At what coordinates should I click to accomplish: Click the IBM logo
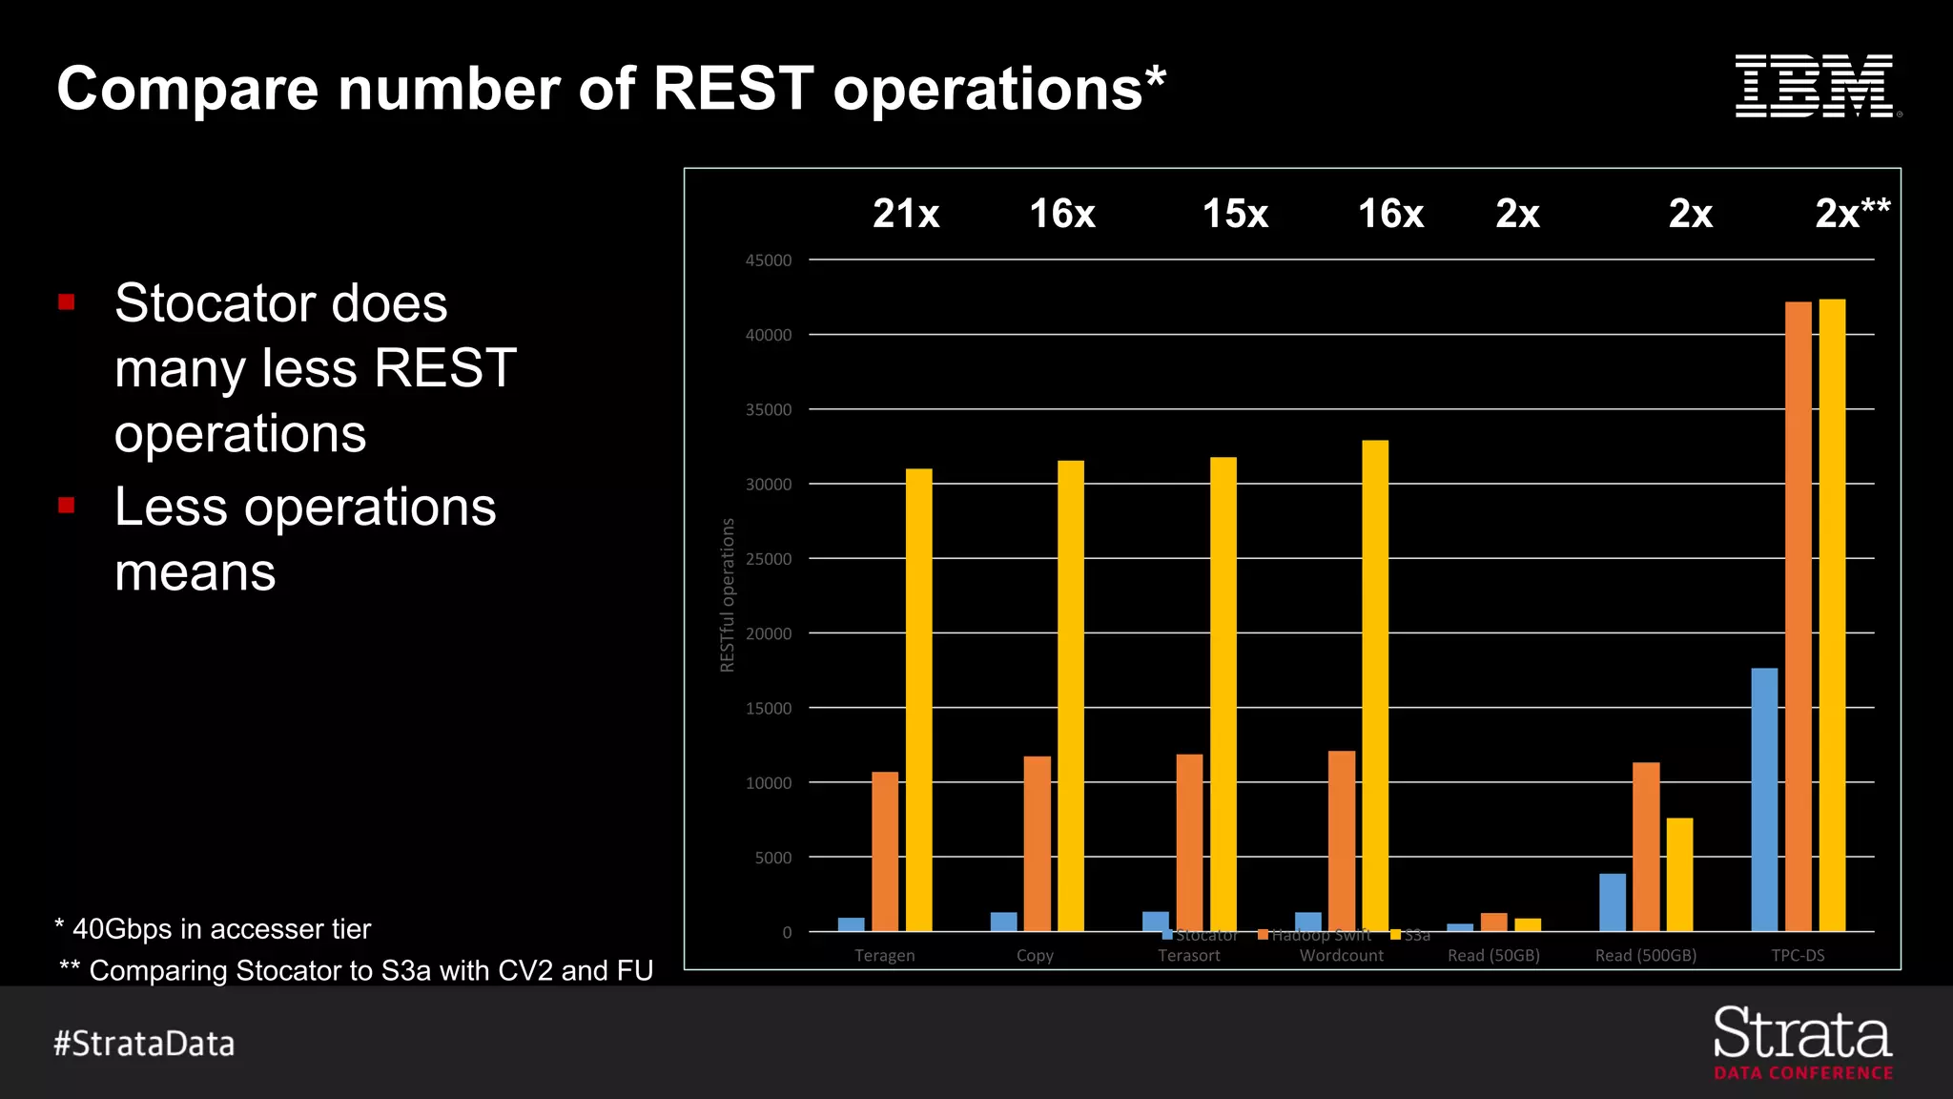pyautogui.click(x=1817, y=87)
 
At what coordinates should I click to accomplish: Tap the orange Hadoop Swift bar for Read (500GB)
pyautogui.click(x=1646, y=846)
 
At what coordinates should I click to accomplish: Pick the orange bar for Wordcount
pyautogui.click(x=1342, y=840)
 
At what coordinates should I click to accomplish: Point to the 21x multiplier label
pyautogui.click(x=906, y=214)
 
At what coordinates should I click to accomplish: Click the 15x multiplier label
pyautogui.click(x=1235, y=214)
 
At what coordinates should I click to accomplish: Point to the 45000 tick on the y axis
pyautogui.click(x=769, y=260)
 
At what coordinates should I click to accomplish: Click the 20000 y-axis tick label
pyautogui.click(x=769, y=633)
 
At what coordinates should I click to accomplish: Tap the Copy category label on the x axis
pyautogui.click(x=1035, y=955)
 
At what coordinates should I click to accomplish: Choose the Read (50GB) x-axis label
pyautogui.click(x=1493, y=955)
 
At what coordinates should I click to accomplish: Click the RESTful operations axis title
pyautogui.click(x=728, y=595)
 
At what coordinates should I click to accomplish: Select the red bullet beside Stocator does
pyautogui.click(x=67, y=302)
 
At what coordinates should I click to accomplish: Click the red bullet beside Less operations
pyautogui.click(x=67, y=506)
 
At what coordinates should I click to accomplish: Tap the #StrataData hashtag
pyautogui.click(x=144, y=1043)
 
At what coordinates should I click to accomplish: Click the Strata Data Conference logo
pyautogui.click(x=1802, y=1043)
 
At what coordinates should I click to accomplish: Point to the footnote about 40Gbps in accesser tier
pyautogui.click(x=213, y=928)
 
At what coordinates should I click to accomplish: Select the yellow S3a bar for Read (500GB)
pyautogui.click(x=1679, y=874)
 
